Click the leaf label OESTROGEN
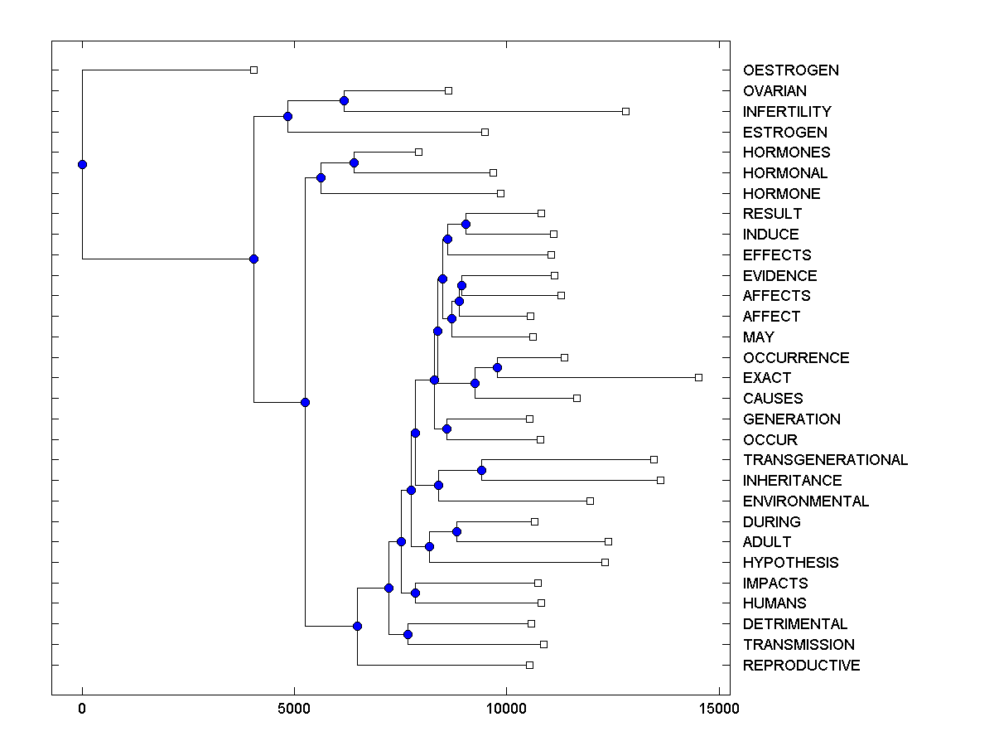[790, 70]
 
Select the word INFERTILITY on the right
[787, 111]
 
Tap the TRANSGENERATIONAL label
[825, 460]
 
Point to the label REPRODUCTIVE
[801, 666]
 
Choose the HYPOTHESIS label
[790, 563]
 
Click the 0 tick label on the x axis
[82, 709]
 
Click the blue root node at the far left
[82, 164]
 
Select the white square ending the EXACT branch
[698, 377]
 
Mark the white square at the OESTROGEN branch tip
[253, 70]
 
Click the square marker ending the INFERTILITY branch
[625, 111]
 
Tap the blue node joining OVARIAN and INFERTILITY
[344, 100]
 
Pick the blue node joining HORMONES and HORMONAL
[354, 162]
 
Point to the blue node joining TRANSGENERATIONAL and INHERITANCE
[481, 470]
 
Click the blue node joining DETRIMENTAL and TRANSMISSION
[408, 634]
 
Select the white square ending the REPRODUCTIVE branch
[529, 665]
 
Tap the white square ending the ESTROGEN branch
[485, 132]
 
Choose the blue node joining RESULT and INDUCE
[466, 224]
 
